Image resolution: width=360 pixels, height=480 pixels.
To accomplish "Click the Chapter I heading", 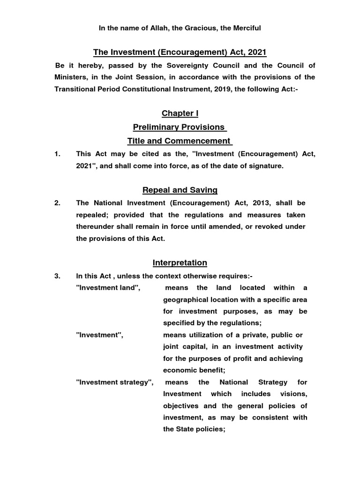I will click(177, 113).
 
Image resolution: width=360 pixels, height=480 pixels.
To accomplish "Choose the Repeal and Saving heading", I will click(180, 190).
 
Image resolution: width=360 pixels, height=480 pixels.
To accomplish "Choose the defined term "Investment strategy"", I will click(114, 382).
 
